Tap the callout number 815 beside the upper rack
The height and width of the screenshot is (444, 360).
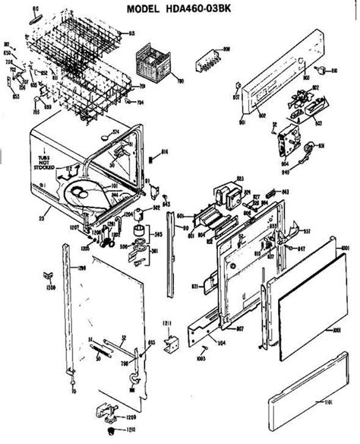click(x=130, y=33)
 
